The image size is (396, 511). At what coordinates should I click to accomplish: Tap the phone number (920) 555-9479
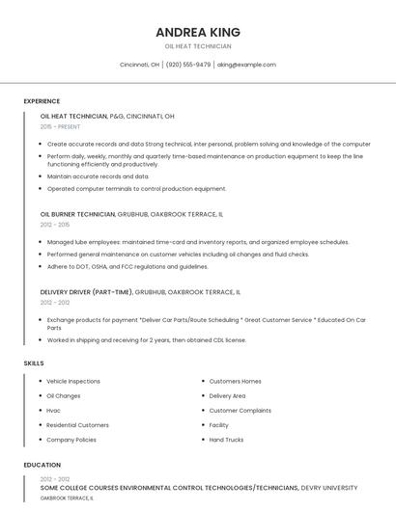coord(188,65)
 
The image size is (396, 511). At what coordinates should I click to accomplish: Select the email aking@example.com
coord(246,65)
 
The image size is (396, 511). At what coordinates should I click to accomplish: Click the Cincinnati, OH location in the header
coord(139,65)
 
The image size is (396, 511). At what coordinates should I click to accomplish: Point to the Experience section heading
coord(42,101)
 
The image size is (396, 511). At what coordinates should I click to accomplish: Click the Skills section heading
coord(34,363)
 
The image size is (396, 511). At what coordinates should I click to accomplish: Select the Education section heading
coord(42,465)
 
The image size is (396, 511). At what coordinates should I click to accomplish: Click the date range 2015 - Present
coord(61,126)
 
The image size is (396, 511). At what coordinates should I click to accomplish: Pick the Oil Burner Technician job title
coord(77,214)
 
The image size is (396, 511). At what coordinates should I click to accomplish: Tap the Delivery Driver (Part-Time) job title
coord(87,290)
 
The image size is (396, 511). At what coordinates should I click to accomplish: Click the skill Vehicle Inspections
coord(73,381)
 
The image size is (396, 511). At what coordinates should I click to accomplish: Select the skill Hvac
coord(54,410)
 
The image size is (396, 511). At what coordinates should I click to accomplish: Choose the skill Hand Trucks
coord(226,440)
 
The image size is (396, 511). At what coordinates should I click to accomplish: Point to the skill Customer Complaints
coord(240,410)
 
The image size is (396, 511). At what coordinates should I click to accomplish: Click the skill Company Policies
coord(71,440)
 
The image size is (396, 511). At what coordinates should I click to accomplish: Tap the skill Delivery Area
coord(227,395)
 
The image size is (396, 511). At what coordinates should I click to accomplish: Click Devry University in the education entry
coord(327,488)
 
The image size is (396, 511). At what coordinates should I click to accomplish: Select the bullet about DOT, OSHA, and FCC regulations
coord(127,266)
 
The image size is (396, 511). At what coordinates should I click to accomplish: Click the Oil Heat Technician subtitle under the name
coord(197,45)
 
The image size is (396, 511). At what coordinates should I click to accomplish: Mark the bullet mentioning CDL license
coord(147,339)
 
